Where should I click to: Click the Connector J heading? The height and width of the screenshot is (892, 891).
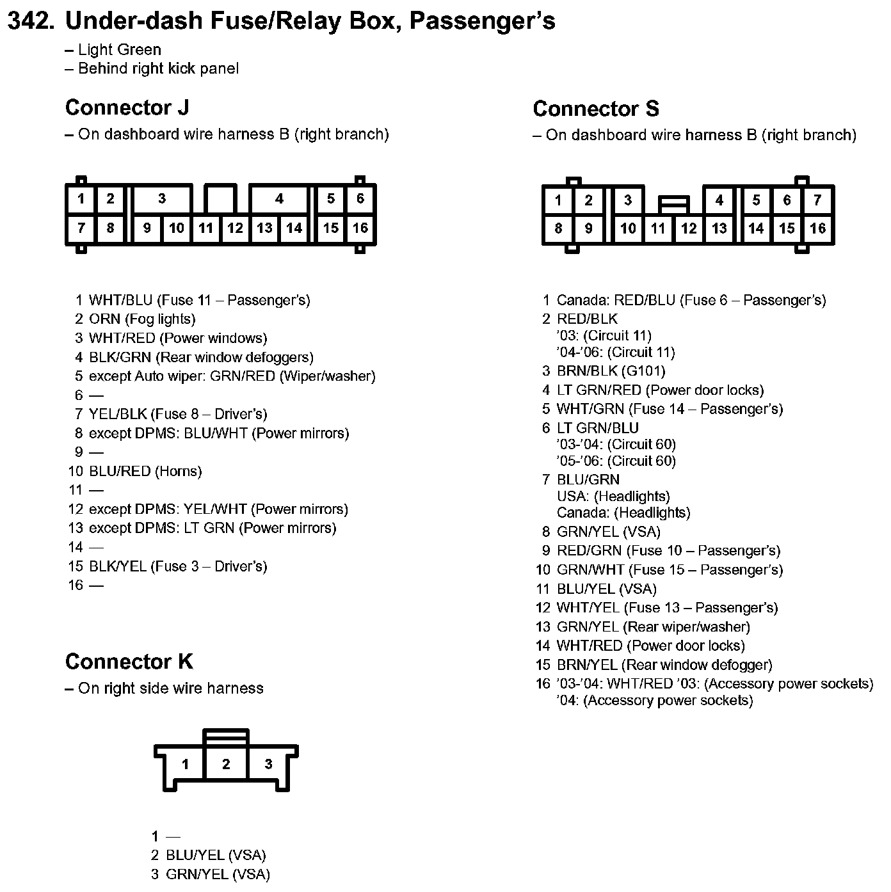click(127, 108)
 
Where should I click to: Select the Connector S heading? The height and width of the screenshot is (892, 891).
click(595, 109)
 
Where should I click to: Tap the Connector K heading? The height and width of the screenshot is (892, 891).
click(129, 661)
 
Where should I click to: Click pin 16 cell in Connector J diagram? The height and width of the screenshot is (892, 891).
click(360, 228)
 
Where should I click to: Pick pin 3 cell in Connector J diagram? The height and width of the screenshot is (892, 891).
click(162, 199)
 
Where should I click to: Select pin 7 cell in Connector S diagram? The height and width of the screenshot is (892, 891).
click(817, 200)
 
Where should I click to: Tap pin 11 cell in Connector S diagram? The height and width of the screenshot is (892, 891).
click(658, 228)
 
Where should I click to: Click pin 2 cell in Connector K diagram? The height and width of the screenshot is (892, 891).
click(226, 763)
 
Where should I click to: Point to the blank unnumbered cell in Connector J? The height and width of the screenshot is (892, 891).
click(221, 198)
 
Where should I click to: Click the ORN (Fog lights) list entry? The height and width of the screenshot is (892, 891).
click(142, 319)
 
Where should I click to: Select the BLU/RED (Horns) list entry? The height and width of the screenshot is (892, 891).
click(145, 472)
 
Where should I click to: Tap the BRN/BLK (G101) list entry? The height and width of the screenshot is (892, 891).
click(611, 371)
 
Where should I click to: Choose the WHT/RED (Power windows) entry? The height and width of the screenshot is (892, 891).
click(178, 338)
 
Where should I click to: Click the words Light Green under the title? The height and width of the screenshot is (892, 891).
click(119, 50)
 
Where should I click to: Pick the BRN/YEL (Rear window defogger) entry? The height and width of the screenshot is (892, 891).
click(664, 665)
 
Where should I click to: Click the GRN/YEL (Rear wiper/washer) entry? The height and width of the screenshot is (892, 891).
click(653, 627)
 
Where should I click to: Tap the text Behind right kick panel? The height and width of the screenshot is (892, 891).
click(158, 68)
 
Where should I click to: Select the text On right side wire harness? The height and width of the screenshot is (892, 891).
click(170, 689)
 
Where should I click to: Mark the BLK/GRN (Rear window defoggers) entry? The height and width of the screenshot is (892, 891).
click(201, 357)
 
